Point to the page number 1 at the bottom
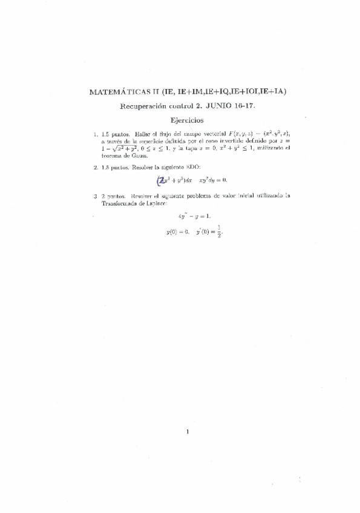pyautogui.click(x=188, y=431)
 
